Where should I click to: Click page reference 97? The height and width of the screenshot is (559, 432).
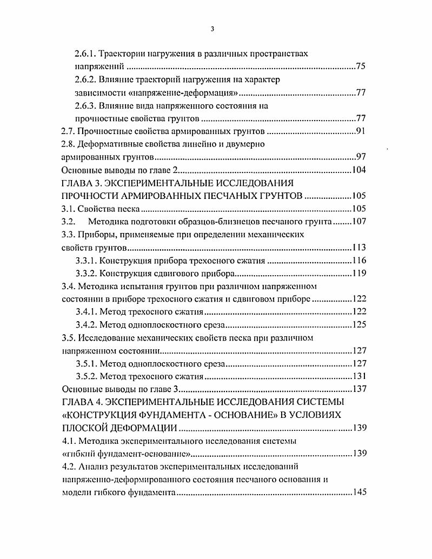point(362,157)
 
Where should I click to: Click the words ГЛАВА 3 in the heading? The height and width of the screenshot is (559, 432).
point(85,184)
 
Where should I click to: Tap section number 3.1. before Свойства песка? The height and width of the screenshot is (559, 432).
point(69,209)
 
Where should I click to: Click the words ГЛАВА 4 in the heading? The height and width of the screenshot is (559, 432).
point(85,403)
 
